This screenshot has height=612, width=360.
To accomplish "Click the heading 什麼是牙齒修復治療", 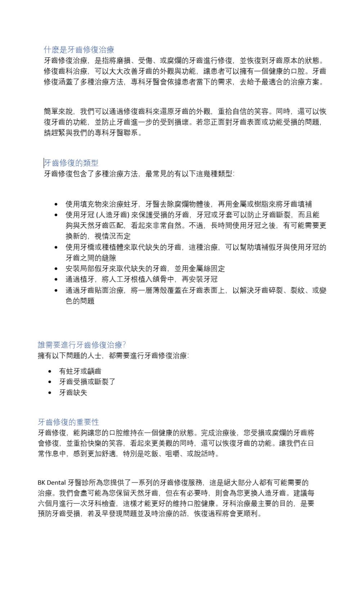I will tap(79, 50).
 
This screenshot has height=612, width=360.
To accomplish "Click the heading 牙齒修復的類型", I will tap(71, 163).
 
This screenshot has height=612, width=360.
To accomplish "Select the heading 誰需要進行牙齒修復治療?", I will tap(82, 345).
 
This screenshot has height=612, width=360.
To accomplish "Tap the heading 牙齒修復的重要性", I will tap(68, 422).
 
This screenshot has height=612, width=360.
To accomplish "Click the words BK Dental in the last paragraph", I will tap(51, 482).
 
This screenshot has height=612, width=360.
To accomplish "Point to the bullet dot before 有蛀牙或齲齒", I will tap(50, 371).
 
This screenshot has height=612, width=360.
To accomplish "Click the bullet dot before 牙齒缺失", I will tap(50, 393).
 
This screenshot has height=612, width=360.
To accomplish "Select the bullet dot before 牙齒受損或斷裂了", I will tap(50, 382).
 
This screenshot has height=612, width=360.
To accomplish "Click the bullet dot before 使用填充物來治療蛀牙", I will tap(56, 204).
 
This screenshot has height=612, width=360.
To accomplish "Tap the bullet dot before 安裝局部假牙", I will tap(56, 269).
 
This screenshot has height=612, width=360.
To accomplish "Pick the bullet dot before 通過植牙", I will tap(56, 279).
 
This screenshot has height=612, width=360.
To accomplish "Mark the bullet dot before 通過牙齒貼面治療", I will tap(56, 290).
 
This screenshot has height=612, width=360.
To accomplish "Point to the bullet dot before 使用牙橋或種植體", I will tap(56, 247).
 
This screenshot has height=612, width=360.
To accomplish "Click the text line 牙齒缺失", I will tap(73, 392).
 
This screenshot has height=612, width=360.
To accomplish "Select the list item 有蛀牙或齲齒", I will tap(80, 371).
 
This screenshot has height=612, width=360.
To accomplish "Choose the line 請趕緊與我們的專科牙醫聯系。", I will tap(93, 133).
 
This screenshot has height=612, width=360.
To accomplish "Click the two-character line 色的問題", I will tap(80, 301).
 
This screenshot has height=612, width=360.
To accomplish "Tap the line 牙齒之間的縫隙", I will tap(90, 258).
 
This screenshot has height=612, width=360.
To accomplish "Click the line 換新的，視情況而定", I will tap(98, 236).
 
